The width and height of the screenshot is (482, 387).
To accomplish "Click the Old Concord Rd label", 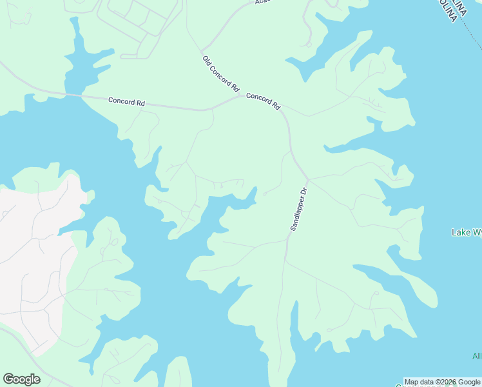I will (x=221, y=74).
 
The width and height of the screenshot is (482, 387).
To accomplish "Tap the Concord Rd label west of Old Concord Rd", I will (x=126, y=101).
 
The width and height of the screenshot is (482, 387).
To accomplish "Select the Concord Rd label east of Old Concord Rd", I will (x=264, y=101).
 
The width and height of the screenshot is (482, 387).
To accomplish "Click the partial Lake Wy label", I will (x=466, y=232).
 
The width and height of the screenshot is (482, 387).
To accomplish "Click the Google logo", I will (x=21, y=379).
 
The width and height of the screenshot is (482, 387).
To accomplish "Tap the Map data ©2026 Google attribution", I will (x=443, y=382).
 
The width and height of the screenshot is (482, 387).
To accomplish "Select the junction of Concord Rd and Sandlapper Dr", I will (x=307, y=179).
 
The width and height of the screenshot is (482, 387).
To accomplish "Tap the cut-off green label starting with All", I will (x=477, y=356).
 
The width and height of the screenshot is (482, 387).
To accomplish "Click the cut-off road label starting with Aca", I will (x=261, y=2).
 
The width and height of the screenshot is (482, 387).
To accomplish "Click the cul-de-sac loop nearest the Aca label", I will (x=309, y=45).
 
